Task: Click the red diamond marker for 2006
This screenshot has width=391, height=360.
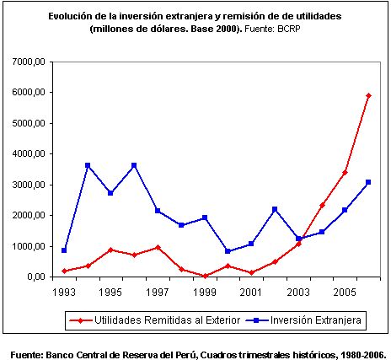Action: click(368, 96)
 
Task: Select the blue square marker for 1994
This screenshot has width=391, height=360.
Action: click(88, 165)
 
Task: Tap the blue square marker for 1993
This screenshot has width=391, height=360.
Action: click(64, 250)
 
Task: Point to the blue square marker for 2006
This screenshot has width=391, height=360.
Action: click(368, 182)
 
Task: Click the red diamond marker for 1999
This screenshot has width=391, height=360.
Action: click(205, 276)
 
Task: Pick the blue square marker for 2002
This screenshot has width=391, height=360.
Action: click(275, 209)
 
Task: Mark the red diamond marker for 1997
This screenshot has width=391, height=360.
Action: click(158, 247)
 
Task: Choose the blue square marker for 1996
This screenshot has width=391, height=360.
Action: click(134, 165)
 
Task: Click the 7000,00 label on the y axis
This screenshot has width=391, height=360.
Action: click(29, 62)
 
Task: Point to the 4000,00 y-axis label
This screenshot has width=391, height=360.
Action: click(29, 154)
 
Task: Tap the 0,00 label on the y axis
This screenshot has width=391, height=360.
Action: click(36, 277)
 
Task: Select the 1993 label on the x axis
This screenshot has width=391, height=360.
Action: click(64, 293)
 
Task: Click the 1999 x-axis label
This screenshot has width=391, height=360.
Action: click(205, 293)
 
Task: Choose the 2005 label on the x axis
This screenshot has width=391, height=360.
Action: click(345, 293)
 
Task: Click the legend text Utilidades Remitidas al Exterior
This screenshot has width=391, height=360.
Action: click(168, 320)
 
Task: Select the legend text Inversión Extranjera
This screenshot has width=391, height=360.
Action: click(316, 320)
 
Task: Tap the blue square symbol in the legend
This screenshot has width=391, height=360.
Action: click(256, 320)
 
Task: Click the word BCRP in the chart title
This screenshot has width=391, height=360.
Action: click(289, 29)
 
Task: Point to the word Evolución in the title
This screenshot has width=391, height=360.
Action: click(70, 16)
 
